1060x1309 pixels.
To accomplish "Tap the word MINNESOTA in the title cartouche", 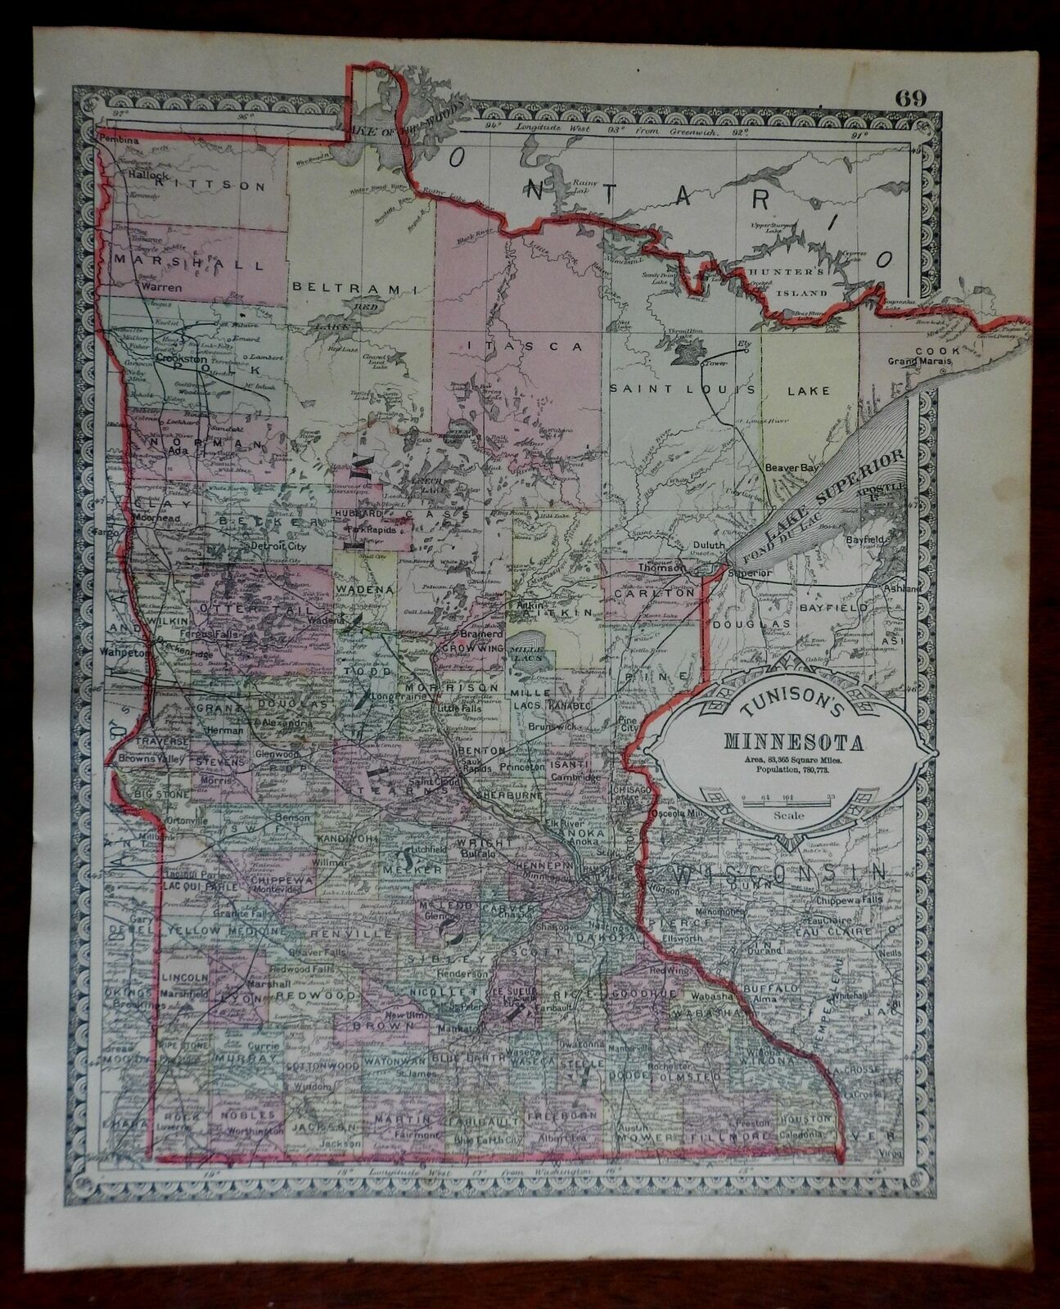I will pyautogui.click(x=792, y=743).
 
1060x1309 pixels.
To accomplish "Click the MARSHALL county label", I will pyautogui.click(x=190, y=265).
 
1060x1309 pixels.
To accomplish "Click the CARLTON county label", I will pyautogui.click(x=654, y=591).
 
